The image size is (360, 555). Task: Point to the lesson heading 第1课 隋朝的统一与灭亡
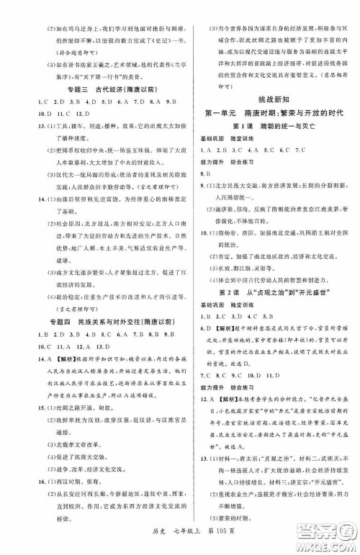271,127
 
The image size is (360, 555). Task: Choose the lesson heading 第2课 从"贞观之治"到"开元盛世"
272,325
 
